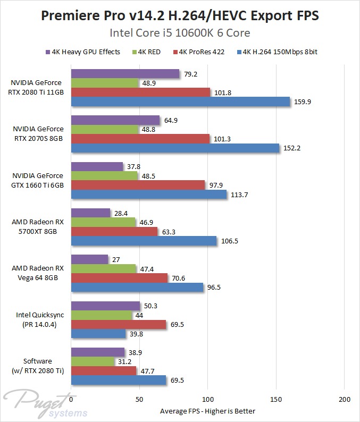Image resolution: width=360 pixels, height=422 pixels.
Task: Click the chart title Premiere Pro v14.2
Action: point(180,15)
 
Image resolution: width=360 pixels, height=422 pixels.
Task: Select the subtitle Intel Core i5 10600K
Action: point(180,33)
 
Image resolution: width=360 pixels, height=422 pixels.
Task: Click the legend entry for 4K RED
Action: point(152,52)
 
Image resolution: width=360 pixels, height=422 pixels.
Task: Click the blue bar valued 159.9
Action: point(180,102)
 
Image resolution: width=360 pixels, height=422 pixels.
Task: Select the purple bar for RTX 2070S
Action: point(115,121)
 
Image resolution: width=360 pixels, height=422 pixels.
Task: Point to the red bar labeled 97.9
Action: point(138,185)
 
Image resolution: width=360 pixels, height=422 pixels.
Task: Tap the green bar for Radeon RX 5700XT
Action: point(103,222)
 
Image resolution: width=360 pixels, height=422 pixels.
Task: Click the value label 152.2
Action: point(292,148)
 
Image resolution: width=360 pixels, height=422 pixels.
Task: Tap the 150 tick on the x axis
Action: point(276,399)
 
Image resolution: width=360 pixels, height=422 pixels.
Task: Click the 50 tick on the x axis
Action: point(139,399)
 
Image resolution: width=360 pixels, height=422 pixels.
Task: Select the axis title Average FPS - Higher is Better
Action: point(207,411)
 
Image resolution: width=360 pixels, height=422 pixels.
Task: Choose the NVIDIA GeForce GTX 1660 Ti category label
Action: point(37,180)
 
